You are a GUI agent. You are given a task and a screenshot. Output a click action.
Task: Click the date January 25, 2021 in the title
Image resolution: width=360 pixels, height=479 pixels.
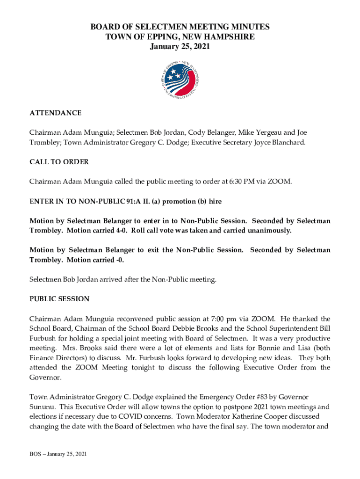click(180, 46)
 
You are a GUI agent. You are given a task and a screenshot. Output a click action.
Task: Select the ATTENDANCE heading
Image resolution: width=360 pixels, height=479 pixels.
click(56, 113)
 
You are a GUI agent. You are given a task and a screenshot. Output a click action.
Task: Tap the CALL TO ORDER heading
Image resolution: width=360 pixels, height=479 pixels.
click(59, 162)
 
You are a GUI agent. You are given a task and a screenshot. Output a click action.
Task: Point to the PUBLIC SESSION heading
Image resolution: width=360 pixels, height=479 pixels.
click(59, 299)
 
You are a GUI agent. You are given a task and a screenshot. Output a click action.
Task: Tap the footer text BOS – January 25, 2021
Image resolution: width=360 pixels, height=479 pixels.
click(58, 454)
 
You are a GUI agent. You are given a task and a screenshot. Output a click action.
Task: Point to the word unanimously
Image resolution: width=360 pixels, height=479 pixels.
click(266, 231)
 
